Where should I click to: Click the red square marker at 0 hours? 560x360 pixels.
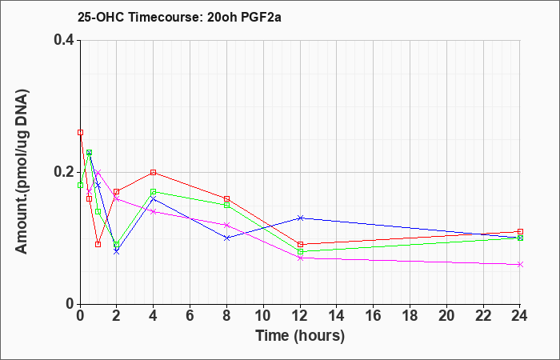tap(80, 133)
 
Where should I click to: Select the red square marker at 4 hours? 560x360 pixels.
tap(154, 173)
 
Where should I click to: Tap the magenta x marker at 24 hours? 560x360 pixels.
tap(520, 264)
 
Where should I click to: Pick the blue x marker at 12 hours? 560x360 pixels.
tap(300, 218)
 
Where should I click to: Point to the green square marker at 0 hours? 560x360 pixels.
tap(80, 185)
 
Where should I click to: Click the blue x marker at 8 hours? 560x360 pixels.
tap(226, 238)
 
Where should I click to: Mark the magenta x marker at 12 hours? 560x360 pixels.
tap(300, 258)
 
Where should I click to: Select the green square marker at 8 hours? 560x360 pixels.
tap(226, 206)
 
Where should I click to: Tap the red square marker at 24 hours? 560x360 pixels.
tap(520, 231)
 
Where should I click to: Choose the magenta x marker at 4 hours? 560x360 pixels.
tap(154, 212)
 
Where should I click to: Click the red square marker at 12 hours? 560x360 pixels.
tap(300, 245)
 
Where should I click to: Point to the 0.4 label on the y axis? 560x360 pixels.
tap(64, 40)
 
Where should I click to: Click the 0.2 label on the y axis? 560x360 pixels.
tap(64, 172)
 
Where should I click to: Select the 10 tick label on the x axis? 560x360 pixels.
tap(263, 316)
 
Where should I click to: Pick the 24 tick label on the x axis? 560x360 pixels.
tap(520, 316)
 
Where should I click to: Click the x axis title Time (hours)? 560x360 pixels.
tap(300, 336)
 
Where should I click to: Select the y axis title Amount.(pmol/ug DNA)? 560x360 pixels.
tap(22, 172)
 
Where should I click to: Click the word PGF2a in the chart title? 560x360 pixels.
tap(261, 17)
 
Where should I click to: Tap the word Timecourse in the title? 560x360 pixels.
tap(166, 17)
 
